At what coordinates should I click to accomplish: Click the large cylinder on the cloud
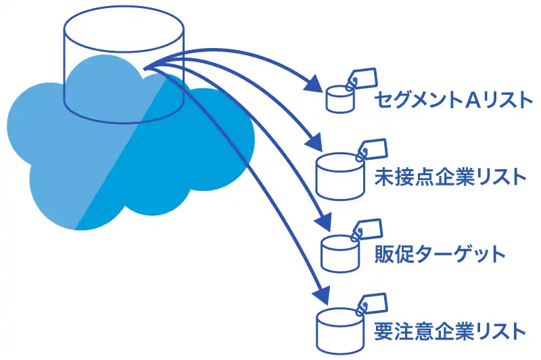123,74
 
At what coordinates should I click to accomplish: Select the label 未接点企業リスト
449,177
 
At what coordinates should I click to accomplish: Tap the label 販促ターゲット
440,254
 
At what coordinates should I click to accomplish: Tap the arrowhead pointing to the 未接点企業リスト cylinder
315,144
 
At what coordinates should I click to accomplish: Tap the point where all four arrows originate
146,66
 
